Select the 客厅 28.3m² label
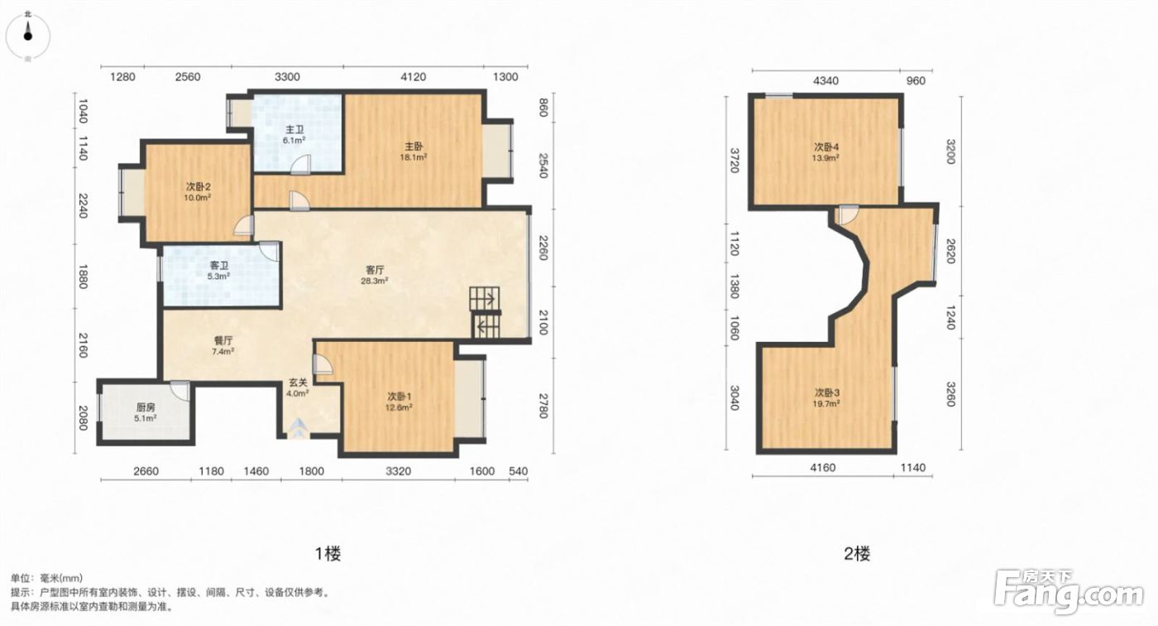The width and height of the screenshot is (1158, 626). coord(375,275)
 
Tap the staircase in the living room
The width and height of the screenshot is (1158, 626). coord(485,312)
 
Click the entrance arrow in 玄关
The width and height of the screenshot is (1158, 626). coord(297,428)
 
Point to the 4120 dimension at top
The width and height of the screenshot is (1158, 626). coord(413,77)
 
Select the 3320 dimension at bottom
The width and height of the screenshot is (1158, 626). coord(398,471)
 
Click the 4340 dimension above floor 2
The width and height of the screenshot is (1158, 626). coord(825,80)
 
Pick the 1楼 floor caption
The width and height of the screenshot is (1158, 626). coord(328,554)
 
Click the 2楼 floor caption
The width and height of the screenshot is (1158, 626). coord(857,554)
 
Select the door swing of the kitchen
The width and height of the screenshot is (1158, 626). coord(180,391)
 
